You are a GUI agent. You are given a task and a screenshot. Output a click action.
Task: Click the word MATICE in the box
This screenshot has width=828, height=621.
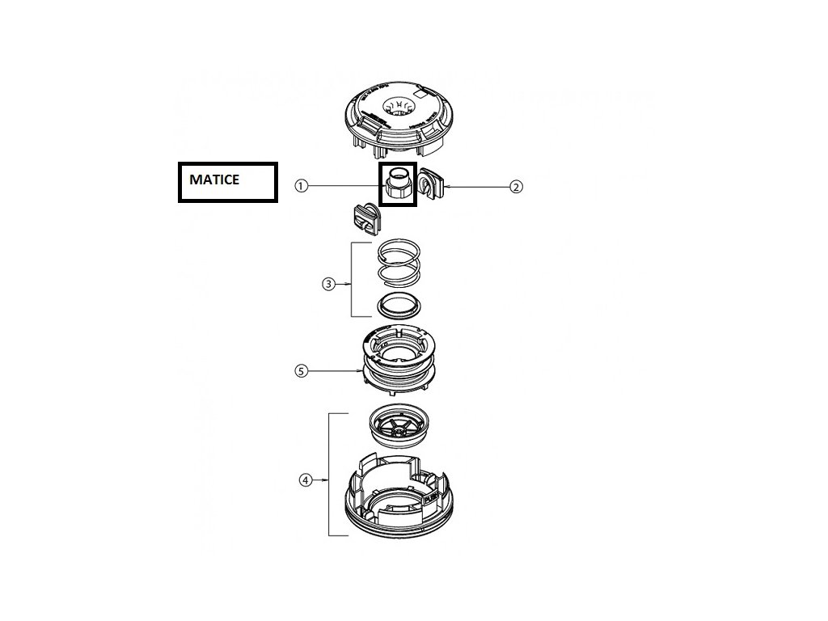pyautogui.click(x=214, y=180)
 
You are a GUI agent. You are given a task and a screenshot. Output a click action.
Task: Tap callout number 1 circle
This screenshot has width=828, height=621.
pyautogui.click(x=301, y=186)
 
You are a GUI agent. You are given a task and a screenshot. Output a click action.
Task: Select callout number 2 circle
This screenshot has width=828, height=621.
pyautogui.click(x=517, y=187)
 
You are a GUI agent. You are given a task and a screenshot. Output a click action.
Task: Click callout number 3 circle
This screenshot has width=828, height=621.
pyautogui.click(x=327, y=284)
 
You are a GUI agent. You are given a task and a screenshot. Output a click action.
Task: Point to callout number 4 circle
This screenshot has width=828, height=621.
pyautogui.click(x=305, y=479)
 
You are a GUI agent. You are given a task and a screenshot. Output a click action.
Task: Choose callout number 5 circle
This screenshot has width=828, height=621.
pyautogui.click(x=301, y=371)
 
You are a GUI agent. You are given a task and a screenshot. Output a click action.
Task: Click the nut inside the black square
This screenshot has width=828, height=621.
pyautogui.click(x=398, y=185)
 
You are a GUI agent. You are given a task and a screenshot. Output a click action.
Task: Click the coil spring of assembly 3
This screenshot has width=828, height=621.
pyautogui.click(x=397, y=264)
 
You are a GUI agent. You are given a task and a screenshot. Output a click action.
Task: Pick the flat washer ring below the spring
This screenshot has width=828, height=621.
pyautogui.click(x=397, y=307)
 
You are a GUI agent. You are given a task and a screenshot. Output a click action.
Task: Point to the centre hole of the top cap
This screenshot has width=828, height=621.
pyautogui.click(x=398, y=106)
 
